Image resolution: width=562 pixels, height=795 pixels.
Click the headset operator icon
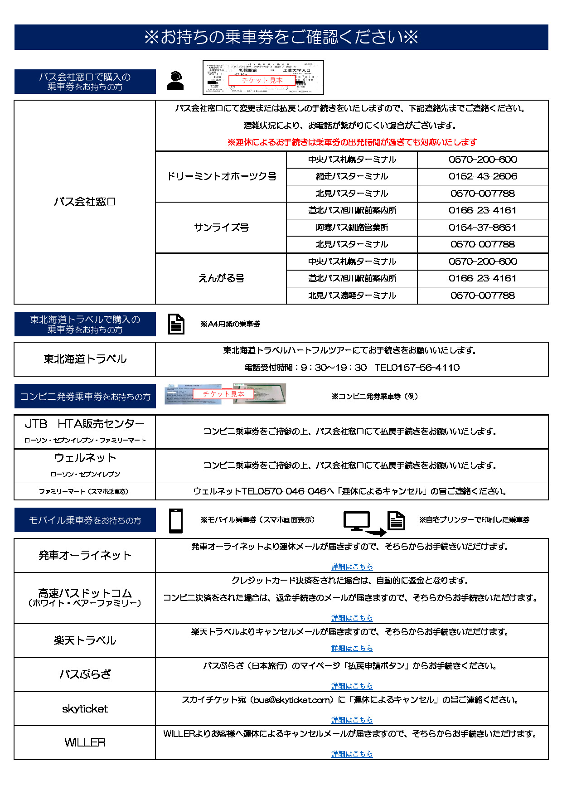tap(175, 81)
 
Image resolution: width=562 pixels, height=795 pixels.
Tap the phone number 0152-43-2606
tap(483, 176)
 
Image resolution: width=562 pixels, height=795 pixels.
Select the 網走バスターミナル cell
tap(352, 176)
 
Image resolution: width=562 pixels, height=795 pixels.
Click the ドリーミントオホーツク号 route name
tap(221, 176)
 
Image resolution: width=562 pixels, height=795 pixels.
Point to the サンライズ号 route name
tap(221, 228)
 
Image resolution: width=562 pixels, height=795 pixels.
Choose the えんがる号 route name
tap(221, 278)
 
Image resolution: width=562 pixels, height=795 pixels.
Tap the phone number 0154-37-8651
tap(483, 228)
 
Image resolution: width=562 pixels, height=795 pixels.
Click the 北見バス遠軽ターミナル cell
tap(352, 296)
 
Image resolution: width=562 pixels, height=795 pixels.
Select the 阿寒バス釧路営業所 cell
tap(352, 228)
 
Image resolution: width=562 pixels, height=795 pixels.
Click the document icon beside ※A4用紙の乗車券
tap(176, 324)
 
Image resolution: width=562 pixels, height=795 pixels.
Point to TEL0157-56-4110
tap(417, 368)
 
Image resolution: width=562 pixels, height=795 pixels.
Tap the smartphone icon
tap(175, 521)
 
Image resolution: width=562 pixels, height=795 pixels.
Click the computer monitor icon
tap(357, 521)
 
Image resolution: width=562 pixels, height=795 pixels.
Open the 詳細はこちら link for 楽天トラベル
tap(352, 649)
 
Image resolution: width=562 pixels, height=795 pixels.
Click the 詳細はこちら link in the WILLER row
tap(352, 754)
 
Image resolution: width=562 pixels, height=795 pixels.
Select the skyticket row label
tap(85, 709)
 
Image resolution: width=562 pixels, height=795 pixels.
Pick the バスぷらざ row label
tap(85, 674)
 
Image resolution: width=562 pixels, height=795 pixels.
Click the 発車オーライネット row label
tap(85, 555)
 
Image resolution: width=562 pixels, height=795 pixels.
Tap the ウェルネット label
tap(85, 458)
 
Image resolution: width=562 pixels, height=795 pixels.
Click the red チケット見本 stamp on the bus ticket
tap(262, 80)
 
